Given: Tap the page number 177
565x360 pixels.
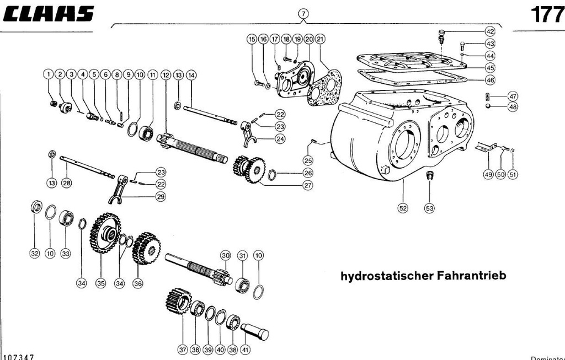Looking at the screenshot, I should click(x=547, y=14).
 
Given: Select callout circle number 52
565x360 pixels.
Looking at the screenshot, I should click(x=403, y=208).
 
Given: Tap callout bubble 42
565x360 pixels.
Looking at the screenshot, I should click(x=490, y=31).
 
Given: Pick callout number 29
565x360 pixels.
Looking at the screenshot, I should click(x=161, y=197).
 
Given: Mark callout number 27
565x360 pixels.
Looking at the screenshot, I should click(x=308, y=186).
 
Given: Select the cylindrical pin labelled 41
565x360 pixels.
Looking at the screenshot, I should click(x=254, y=331).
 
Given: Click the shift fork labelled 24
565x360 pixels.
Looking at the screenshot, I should click(x=249, y=135).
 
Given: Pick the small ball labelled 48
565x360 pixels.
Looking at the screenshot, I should click(x=489, y=106).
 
